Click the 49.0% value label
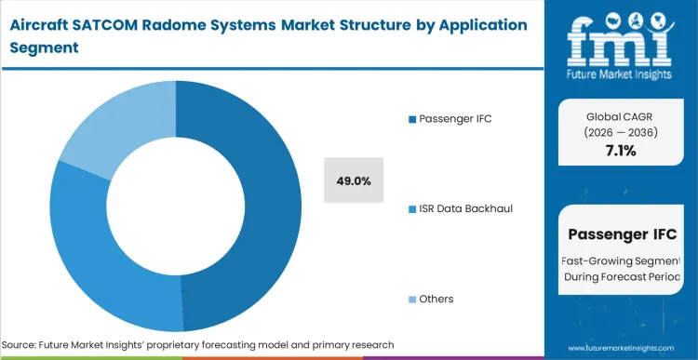[354, 181]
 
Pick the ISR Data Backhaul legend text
[466, 208]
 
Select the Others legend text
[436, 299]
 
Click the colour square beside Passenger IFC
[411, 118]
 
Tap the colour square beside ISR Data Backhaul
[411, 208]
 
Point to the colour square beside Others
[411, 299]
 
